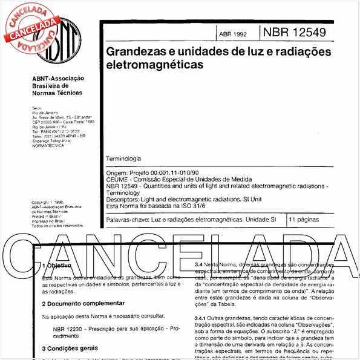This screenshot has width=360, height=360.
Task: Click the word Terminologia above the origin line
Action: (x=123, y=157)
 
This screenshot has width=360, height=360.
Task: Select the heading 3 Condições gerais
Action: (x=68, y=349)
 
